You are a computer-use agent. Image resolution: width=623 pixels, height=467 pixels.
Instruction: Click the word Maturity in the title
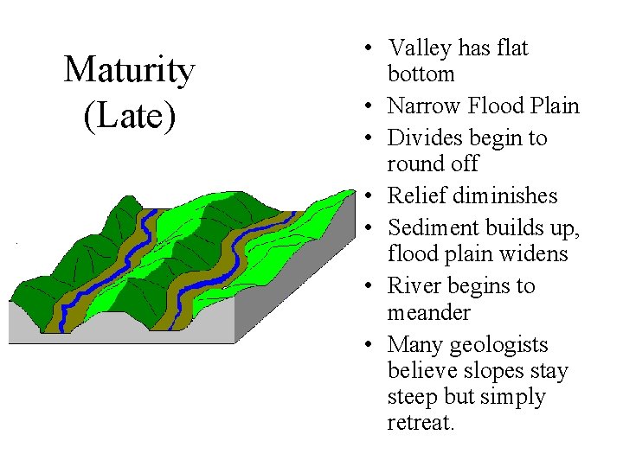tap(129, 71)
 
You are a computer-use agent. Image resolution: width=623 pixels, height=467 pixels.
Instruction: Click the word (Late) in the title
tap(129, 116)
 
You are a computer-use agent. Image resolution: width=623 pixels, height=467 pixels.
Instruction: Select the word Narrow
tap(421, 106)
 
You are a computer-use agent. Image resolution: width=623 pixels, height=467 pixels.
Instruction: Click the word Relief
tap(414, 195)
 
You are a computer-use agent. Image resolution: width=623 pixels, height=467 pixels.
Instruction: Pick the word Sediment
tap(430, 227)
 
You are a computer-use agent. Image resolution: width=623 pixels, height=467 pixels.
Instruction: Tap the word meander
tap(429, 311)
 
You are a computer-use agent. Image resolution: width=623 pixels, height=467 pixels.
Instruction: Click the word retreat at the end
tap(420, 423)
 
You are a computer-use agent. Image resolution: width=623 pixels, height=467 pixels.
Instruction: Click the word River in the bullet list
tap(412, 285)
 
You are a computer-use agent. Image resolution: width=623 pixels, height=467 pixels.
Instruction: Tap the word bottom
tap(421, 74)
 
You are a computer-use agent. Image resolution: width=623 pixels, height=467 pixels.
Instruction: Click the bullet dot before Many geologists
tap(369, 345)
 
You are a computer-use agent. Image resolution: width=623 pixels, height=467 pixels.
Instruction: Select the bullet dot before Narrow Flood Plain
tap(369, 106)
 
